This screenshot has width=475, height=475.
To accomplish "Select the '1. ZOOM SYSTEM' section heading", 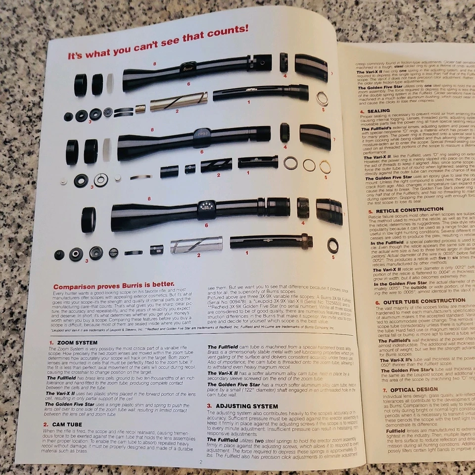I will [73, 342].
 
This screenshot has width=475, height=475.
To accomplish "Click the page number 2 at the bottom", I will [201, 462].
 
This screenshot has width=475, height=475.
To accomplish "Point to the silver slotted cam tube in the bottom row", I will [196, 244].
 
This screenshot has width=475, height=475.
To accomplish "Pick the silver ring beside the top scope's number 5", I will [322, 98].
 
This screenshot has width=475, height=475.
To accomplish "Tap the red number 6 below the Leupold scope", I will [202, 151].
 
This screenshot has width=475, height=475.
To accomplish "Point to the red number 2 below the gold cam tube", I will [177, 111].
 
